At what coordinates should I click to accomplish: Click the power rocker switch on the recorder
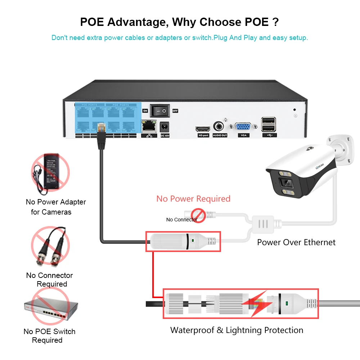(x=159, y=111)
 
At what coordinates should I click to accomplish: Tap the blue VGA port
(x=243, y=127)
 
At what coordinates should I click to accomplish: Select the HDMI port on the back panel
(x=203, y=129)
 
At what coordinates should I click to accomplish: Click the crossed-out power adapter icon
(x=50, y=173)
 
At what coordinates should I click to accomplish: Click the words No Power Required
(x=193, y=199)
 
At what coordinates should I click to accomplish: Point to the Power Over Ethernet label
(x=296, y=242)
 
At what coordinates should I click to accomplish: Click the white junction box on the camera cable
(x=264, y=224)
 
